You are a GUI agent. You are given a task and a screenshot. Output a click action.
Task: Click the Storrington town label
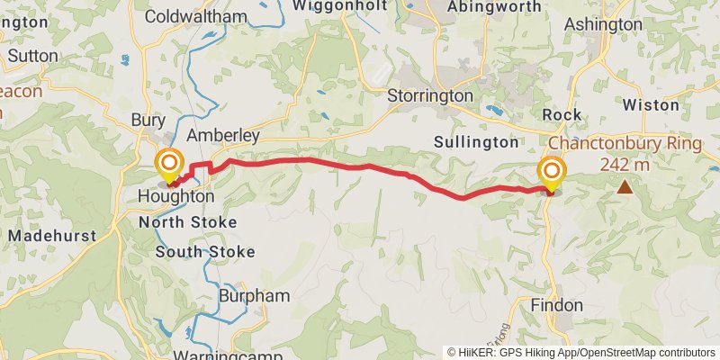tap(430, 95)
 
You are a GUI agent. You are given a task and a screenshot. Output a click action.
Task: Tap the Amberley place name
tap(223, 136)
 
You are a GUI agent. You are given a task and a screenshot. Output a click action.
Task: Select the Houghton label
tap(176, 196)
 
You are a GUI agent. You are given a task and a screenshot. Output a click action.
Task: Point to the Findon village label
tap(558, 304)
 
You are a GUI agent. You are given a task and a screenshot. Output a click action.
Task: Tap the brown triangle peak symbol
tap(625, 187)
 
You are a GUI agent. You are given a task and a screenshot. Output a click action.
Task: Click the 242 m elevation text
tap(622, 165)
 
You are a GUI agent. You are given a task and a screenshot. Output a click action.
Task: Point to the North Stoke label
tap(187, 221)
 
